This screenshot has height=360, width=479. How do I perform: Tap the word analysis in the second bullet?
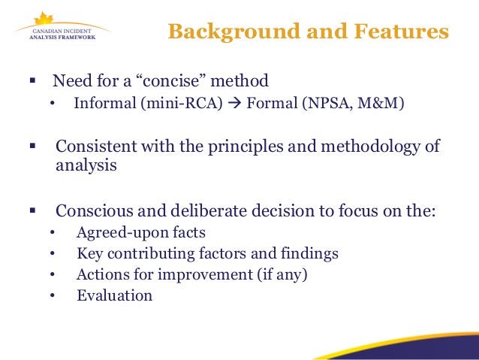coord(86,165)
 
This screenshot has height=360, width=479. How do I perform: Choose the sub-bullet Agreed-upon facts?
coord(141,232)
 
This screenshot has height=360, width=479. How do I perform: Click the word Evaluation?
coord(114,295)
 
